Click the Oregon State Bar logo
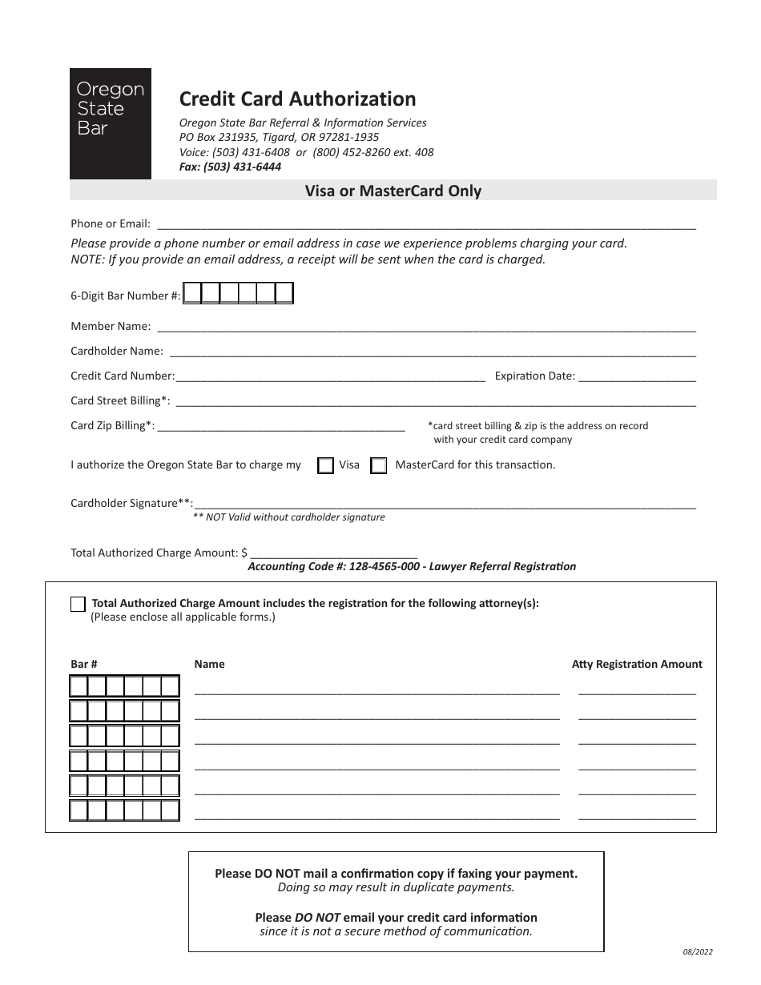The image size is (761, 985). (111, 123)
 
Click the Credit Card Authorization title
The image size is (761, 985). (297, 98)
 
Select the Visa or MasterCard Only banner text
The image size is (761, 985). (393, 191)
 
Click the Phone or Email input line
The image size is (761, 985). (426, 225)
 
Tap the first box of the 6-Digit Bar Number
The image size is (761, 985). (192, 295)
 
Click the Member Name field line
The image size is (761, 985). (426, 327)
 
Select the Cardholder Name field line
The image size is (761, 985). (433, 352)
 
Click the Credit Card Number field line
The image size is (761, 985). (330, 376)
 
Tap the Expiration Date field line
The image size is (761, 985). (637, 376)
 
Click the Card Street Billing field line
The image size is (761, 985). (435, 401)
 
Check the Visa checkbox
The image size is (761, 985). (325, 466)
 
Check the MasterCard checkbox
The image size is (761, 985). (379, 466)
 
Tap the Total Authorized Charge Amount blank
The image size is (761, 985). (334, 553)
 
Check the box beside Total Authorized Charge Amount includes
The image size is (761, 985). (78, 604)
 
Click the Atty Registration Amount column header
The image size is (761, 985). (637, 664)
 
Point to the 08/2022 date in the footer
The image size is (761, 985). (692, 952)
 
